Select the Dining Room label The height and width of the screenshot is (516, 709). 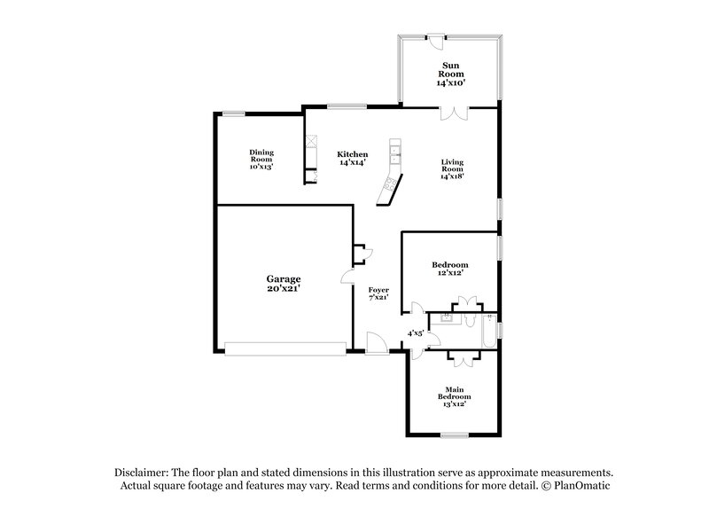pyautogui.click(x=261, y=159)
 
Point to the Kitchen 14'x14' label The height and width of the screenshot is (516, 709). pyautogui.click(x=352, y=159)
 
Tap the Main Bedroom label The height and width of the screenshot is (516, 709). pyautogui.click(x=458, y=395)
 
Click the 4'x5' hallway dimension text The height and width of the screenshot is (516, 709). pyautogui.click(x=415, y=333)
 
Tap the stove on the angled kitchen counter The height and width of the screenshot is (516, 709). pyautogui.click(x=387, y=187)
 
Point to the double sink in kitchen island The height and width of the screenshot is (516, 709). pyautogui.click(x=395, y=152)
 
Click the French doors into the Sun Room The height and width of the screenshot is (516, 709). pyautogui.click(x=453, y=113)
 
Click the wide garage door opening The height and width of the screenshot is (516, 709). pyautogui.click(x=285, y=350)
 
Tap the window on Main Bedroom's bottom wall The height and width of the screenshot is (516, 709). pyautogui.click(x=454, y=434)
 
